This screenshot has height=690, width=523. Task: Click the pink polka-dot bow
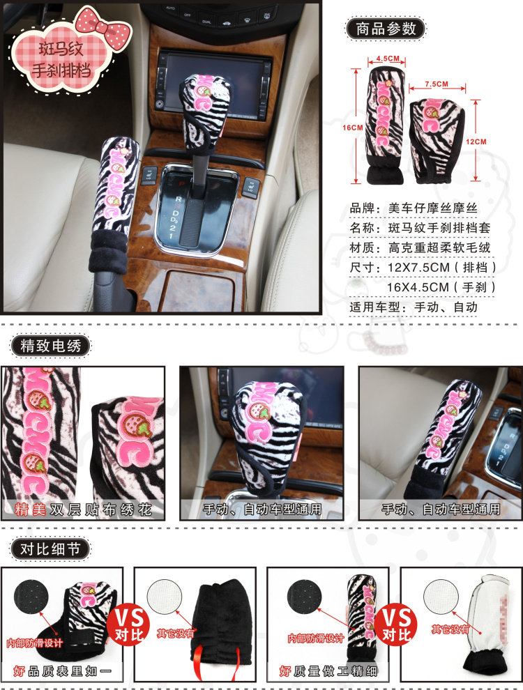tap(103, 26)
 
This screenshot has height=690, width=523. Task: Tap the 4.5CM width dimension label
tap(388, 59)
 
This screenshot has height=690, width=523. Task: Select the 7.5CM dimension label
tap(437, 84)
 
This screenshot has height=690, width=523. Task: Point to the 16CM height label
tap(353, 128)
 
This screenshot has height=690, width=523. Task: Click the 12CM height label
tap(476, 141)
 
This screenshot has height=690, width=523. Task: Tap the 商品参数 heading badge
tap(386, 29)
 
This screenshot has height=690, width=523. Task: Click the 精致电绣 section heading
tap(51, 346)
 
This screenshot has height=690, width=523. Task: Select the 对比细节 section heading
tap(50, 549)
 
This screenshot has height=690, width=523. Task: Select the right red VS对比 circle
tap(396, 624)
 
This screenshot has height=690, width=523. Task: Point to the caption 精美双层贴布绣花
tap(83, 509)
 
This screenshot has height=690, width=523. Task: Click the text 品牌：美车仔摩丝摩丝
tap(414, 208)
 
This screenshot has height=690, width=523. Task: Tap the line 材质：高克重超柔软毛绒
tap(420, 247)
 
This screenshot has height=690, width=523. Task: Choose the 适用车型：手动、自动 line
tap(414, 307)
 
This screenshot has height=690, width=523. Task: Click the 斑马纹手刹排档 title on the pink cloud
tap(61, 59)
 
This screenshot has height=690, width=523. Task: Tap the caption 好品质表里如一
tap(62, 671)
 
